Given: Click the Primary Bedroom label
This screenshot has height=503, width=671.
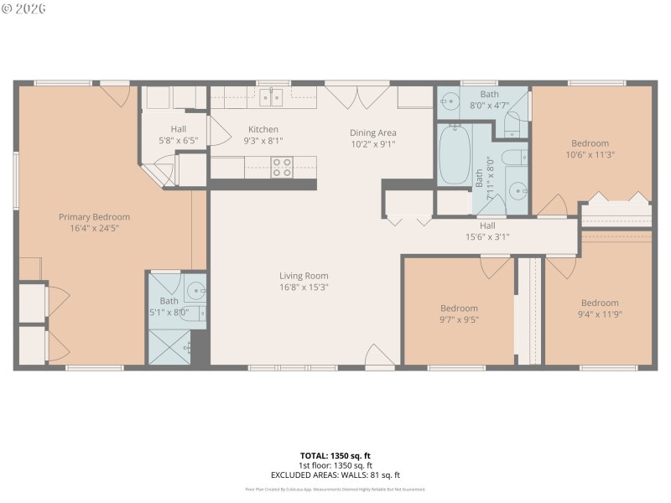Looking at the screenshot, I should [x=94, y=216].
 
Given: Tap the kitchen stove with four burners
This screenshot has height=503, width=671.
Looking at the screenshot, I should [x=282, y=167].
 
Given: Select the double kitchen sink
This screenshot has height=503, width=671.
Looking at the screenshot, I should [x=270, y=98].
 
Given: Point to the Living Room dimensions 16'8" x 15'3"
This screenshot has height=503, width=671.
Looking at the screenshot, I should [x=304, y=287].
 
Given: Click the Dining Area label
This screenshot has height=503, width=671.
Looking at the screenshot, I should [x=372, y=132].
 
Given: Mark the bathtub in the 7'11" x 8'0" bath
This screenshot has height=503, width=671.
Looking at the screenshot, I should [x=455, y=154].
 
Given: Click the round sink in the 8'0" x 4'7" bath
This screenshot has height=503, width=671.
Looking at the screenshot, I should [x=450, y=102].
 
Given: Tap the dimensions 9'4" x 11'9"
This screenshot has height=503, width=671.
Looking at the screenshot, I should [x=600, y=314].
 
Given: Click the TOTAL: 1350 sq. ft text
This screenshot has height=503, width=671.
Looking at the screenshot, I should [x=335, y=456].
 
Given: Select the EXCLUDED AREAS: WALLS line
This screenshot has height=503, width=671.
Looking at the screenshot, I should [x=335, y=474].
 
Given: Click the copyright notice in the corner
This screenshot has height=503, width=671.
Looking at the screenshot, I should [x=24, y=8].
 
